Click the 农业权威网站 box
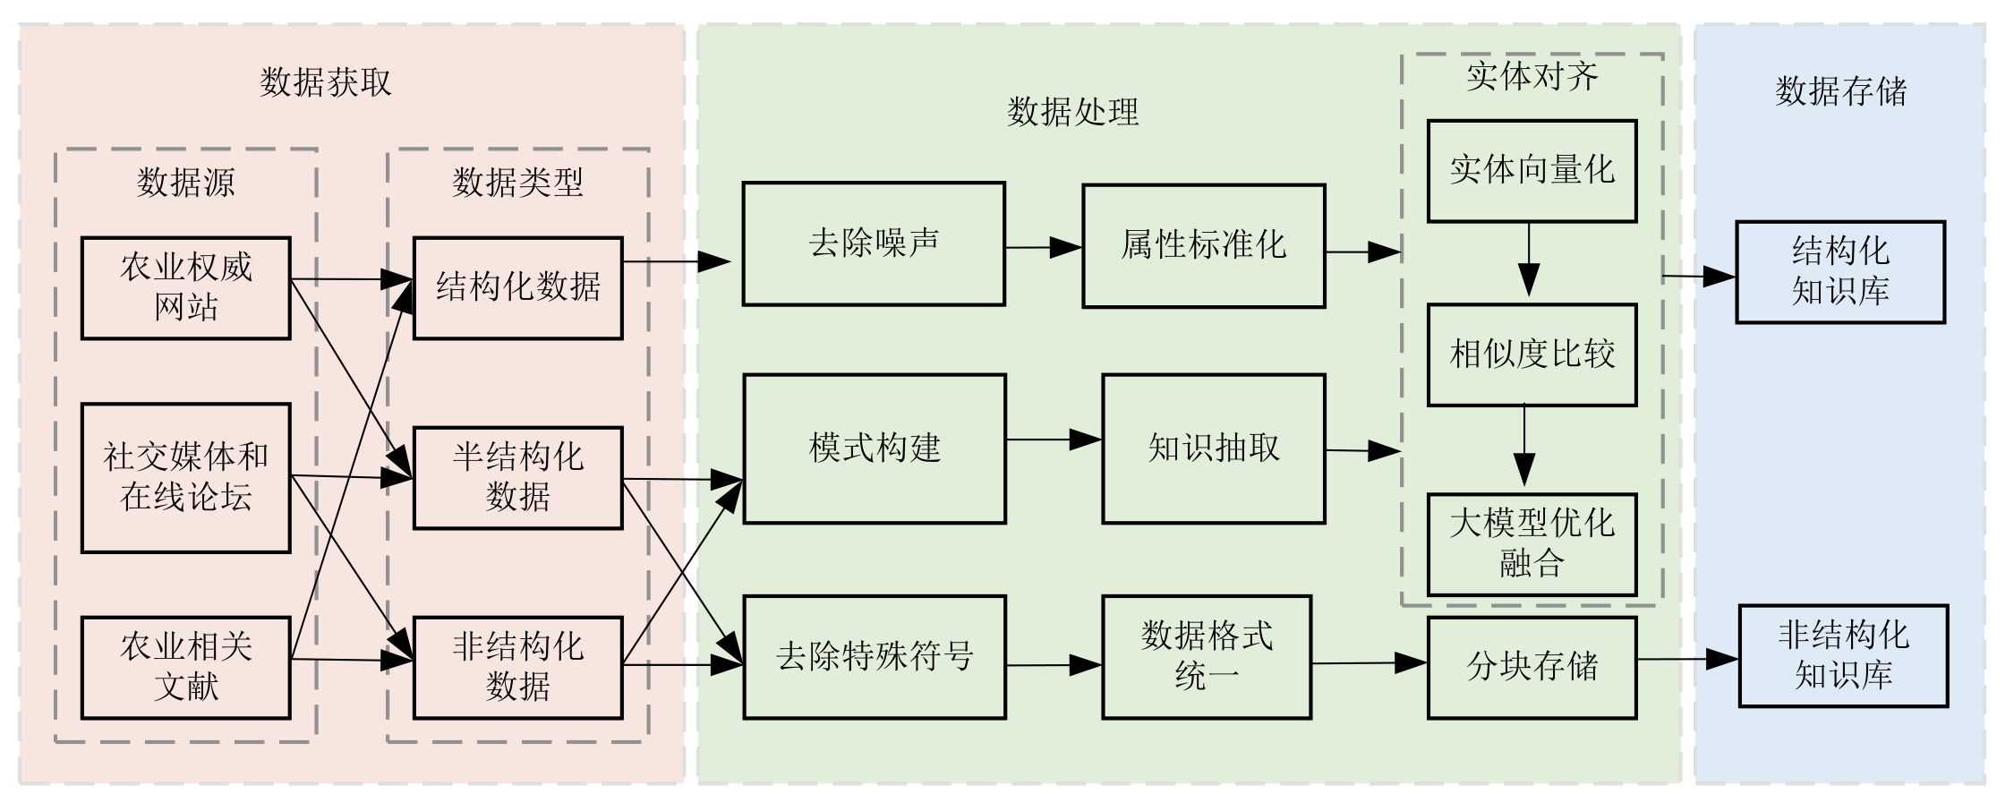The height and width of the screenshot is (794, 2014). [186, 287]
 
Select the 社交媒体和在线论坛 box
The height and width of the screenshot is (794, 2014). [186, 477]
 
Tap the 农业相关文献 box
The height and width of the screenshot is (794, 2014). [186, 667]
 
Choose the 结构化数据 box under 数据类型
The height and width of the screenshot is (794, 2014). [517, 287]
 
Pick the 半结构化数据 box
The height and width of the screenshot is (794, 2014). [517, 477]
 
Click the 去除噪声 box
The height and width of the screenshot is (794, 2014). [874, 243]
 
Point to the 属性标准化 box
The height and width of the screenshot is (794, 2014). [1203, 245]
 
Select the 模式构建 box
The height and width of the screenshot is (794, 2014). [875, 448]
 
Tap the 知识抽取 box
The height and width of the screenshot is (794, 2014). [1213, 448]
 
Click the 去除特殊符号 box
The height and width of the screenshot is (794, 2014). [875, 657]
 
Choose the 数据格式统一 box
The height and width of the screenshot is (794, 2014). [1207, 657]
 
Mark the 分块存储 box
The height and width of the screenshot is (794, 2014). [1532, 667]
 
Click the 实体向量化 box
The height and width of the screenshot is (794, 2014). [1532, 170]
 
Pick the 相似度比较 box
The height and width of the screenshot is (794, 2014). [1532, 354]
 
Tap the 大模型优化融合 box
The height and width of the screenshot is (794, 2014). [1532, 544]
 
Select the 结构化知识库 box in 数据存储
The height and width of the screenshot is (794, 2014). [1840, 271]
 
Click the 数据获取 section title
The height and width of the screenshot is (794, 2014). [326, 82]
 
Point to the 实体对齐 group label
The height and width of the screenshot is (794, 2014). [1532, 77]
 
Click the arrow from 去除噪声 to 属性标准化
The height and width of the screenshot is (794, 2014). [1043, 247]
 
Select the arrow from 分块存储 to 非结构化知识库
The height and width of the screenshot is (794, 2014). [1687, 660]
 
